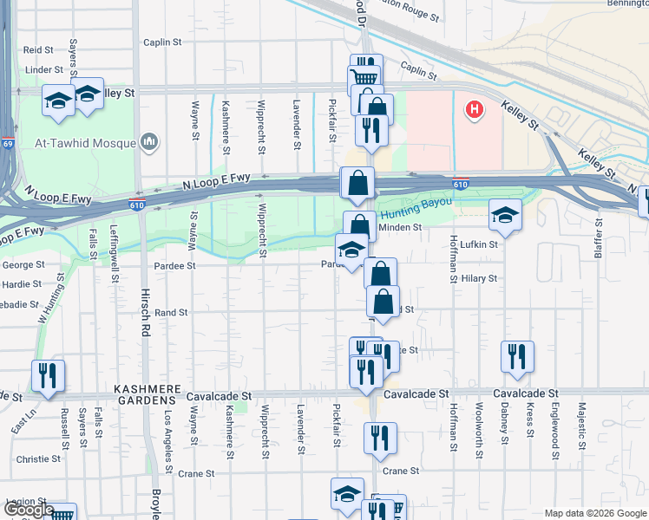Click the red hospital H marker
pyautogui.click(x=474, y=109)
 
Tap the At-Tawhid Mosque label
pyautogui.click(x=84, y=141)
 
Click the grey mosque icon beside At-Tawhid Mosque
pyautogui.click(x=148, y=140)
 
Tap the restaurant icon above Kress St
pyautogui.click(x=516, y=355)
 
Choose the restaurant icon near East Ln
pyautogui.click(x=48, y=377)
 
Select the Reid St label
pyautogui.click(x=38, y=50)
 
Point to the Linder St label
pyautogui.click(x=44, y=69)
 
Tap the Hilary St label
pyautogui.click(x=479, y=278)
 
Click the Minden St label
pyautogui.click(x=403, y=227)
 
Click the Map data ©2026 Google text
pyautogui.click(x=594, y=513)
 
